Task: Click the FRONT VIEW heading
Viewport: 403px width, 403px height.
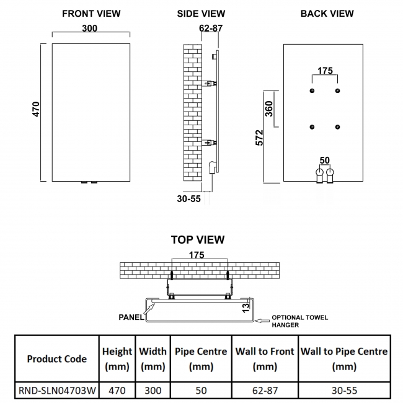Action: point(91,13)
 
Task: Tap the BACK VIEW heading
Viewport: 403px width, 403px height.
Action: point(327,13)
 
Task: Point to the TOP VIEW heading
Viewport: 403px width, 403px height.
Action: point(197,239)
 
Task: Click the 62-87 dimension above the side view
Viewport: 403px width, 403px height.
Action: point(211,28)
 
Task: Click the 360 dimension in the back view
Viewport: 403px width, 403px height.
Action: point(268,109)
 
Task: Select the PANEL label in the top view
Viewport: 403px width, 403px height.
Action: point(131,316)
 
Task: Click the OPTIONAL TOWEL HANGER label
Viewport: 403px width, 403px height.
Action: point(299,321)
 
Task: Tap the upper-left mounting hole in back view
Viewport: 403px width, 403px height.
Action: point(312,91)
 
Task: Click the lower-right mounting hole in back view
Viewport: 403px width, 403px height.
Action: point(337,127)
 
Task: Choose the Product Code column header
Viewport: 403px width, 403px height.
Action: point(56,358)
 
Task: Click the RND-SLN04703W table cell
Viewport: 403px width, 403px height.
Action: point(56,391)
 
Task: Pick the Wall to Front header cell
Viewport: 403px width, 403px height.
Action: point(265,358)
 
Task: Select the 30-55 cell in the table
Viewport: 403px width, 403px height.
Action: point(344,391)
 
